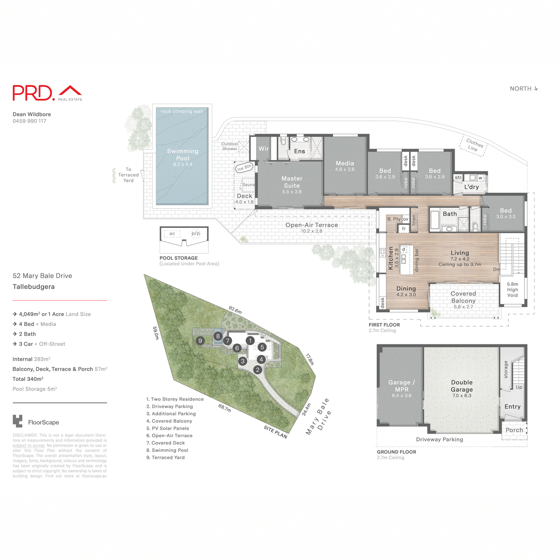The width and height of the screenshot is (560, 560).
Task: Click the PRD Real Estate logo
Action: (x=47, y=93)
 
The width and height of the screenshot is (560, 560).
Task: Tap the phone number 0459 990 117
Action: (x=29, y=121)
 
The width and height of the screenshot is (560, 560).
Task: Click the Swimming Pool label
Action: (x=182, y=154)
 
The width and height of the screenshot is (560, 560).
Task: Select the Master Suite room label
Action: (x=292, y=182)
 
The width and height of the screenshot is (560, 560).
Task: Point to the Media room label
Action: (x=345, y=163)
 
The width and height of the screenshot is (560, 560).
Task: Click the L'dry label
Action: (x=471, y=187)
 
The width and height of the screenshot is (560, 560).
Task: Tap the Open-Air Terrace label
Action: (x=312, y=225)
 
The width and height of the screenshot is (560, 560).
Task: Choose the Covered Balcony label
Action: (x=463, y=297)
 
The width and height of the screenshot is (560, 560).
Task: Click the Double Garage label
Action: (x=462, y=386)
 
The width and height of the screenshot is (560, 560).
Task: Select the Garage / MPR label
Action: (x=401, y=386)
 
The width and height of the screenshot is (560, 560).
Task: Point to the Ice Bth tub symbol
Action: (x=244, y=168)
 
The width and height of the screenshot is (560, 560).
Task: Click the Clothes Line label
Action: (x=474, y=144)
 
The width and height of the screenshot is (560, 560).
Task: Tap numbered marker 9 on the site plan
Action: (x=200, y=341)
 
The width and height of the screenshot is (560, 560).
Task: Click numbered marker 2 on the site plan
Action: (x=258, y=370)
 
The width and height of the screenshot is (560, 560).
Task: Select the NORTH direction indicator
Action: (x=524, y=89)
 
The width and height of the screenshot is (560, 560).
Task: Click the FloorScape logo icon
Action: (x=18, y=421)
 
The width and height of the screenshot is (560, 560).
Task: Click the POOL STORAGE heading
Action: (x=179, y=258)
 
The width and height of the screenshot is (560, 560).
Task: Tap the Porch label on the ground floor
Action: (x=514, y=430)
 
